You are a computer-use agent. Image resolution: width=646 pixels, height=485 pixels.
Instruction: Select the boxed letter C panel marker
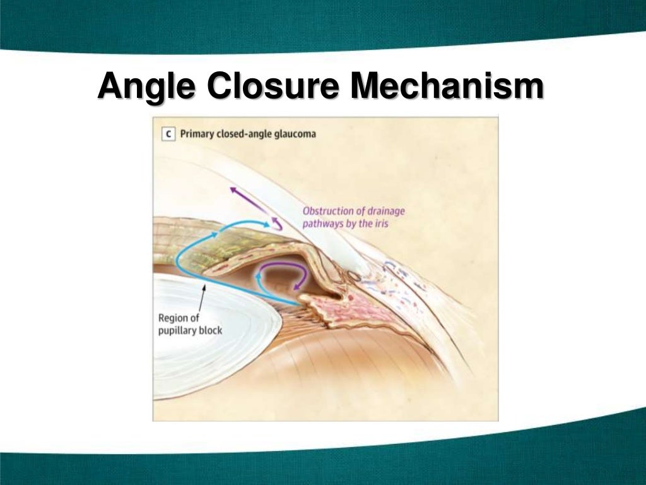click(168, 133)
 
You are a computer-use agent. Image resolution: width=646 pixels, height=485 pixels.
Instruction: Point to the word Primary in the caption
click(200, 134)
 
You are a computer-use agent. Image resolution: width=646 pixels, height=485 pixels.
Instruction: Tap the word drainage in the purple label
click(384, 211)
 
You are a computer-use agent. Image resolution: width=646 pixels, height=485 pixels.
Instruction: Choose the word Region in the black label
click(173, 318)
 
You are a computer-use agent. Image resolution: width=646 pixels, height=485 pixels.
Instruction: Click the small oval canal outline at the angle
click(355, 277)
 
